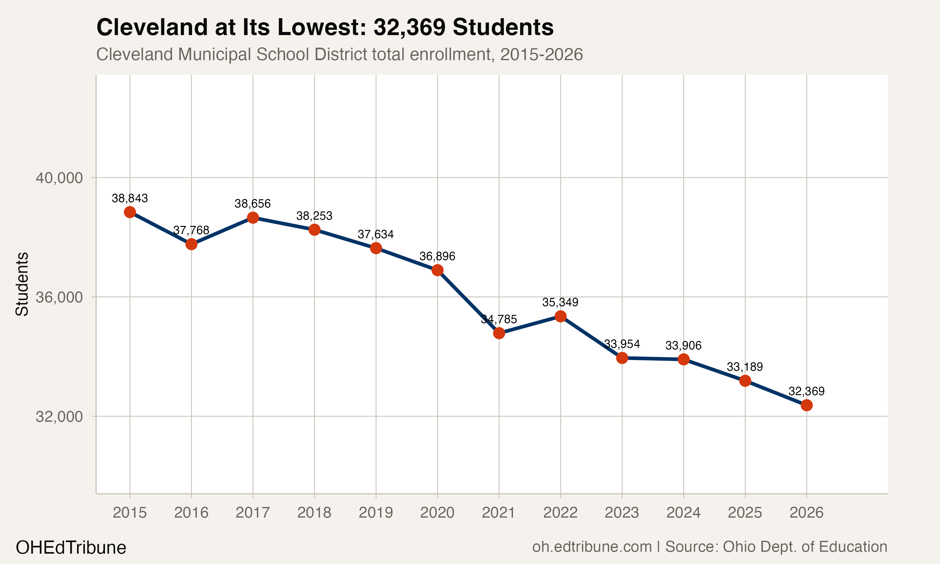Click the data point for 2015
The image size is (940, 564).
pos(130,212)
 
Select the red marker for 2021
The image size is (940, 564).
pos(499,333)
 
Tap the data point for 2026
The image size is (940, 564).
pos(806,405)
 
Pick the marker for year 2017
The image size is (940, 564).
pos(253,218)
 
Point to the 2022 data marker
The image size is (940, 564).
pos(561,316)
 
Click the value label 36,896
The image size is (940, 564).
pos(437,257)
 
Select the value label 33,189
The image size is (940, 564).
pos(745,367)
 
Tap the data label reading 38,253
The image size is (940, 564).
pos(314,216)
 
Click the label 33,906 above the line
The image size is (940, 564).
pos(683,346)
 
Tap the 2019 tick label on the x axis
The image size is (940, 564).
pos(376,513)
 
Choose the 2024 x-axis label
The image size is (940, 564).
pos(683,513)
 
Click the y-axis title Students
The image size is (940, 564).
pos(22,284)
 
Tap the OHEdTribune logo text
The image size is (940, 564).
pos(71,548)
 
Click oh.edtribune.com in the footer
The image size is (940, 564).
pos(592,547)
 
